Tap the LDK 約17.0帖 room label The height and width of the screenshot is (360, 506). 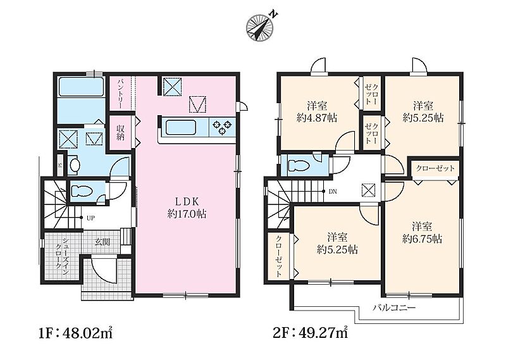point(187,208)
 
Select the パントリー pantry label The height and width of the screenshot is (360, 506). point(120,92)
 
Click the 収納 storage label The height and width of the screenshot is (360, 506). point(120,132)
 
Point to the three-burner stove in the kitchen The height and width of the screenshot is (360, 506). point(223,127)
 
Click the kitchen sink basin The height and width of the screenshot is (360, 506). point(181,128)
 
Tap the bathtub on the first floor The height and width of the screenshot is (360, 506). point(81,86)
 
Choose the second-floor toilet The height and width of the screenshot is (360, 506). point(299,166)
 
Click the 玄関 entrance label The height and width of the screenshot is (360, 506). point(102,242)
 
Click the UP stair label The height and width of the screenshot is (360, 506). point(90,218)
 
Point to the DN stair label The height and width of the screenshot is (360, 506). point(333,192)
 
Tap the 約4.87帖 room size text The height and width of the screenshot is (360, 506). point(317,118)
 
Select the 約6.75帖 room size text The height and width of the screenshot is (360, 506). point(422,239)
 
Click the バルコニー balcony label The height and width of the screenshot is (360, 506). point(394,307)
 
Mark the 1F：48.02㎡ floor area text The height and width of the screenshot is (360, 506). point(75,333)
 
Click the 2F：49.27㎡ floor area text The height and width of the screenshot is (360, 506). point(310,333)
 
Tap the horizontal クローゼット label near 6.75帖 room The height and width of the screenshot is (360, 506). point(435,168)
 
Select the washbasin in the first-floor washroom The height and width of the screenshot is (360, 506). point(75,165)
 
